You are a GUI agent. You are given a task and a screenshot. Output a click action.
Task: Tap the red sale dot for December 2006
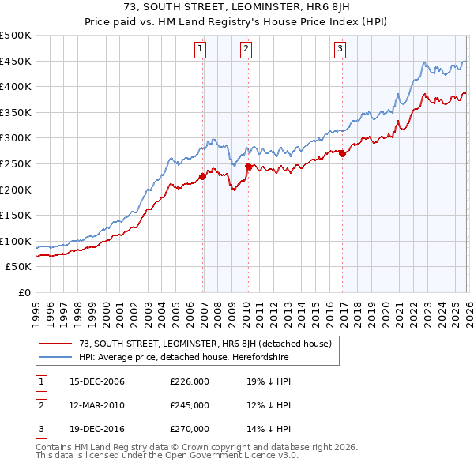[x=202, y=176]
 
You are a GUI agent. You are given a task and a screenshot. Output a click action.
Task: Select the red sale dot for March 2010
[x=248, y=166]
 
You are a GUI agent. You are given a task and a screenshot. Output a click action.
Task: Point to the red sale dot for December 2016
[x=342, y=154]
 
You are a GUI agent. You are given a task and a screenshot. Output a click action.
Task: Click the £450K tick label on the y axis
[x=16, y=61]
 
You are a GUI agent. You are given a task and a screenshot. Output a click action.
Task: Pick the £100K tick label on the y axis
[x=16, y=241]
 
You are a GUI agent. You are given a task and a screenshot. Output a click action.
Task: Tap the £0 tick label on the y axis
[x=23, y=292]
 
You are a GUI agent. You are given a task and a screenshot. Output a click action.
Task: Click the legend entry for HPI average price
[x=184, y=358]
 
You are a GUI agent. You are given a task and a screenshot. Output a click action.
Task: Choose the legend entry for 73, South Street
[x=209, y=344]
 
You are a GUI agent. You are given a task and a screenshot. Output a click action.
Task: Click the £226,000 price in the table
[x=190, y=382]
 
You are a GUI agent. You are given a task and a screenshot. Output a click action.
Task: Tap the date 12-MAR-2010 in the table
[x=97, y=405]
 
